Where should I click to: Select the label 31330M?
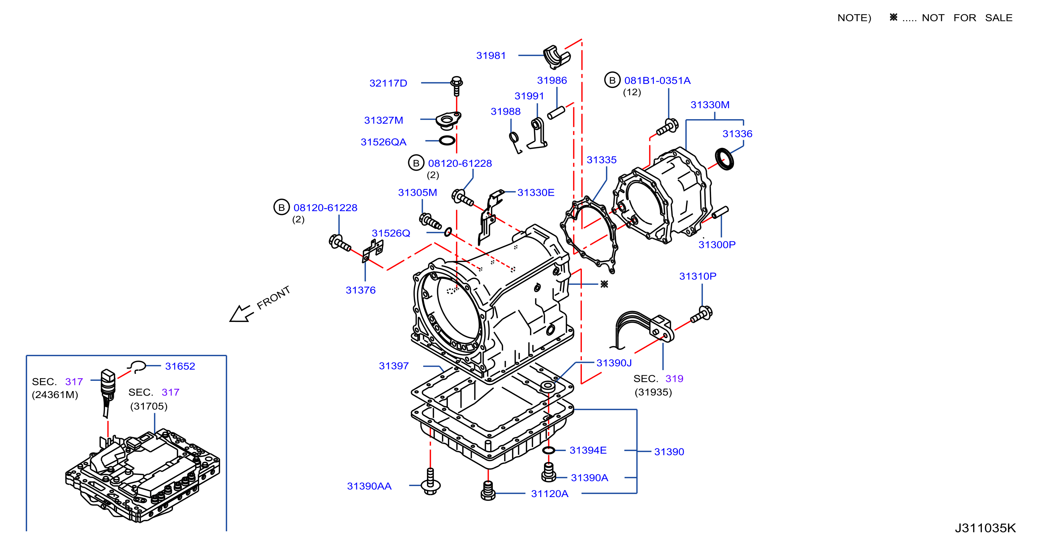tap(710, 104)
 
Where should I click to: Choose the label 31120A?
tap(549, 493)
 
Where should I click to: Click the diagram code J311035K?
tap(985, 528)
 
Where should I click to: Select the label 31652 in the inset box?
tap(180, 366)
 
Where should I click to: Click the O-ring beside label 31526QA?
tap(447, 141)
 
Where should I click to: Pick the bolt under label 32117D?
tap(457, 86)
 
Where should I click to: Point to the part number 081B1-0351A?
tap(657, 81)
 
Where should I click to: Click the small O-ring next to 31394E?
tap(549, 450)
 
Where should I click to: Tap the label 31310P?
tap(697, 276)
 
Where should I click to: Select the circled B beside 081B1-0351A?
tap(612, 80)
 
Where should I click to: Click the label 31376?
tap(360, 290)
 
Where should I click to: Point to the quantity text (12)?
tap(632, 92)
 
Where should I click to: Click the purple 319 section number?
tap(674, 378)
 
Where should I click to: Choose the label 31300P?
tap(717, 245)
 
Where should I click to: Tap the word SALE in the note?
tap(999, 18)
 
